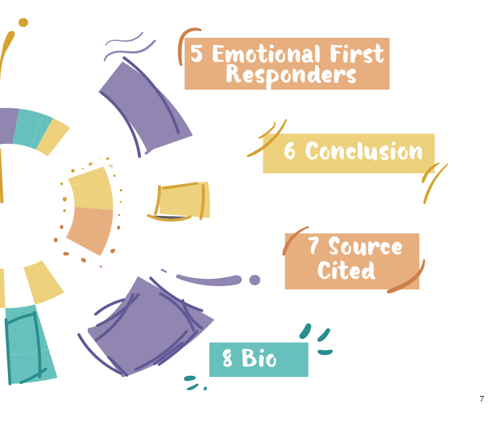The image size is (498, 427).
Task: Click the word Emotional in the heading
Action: pos(266,54)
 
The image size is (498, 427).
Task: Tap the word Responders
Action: pos(291,76)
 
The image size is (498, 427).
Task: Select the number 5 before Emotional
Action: pos(197,53)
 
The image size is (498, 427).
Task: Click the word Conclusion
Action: pos(364,151)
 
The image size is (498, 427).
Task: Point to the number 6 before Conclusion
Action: pos(290,151)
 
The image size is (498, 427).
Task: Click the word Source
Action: pos(365,246)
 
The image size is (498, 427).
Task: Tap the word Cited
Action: pos(346,270)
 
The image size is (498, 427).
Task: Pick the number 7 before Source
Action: pos(313,245)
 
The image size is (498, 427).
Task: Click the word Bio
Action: pos(259,358)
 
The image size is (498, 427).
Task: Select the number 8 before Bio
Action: pos(227,358)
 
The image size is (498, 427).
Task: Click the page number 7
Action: pos(482,399)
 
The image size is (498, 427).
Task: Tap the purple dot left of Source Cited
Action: pos(255,280)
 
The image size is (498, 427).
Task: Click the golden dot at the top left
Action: pos(23,23)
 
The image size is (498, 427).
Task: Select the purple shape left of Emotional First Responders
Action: pos(146,107)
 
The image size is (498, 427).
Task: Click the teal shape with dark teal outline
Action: pos(29,345)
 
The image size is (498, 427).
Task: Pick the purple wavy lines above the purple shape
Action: pos(129,46)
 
